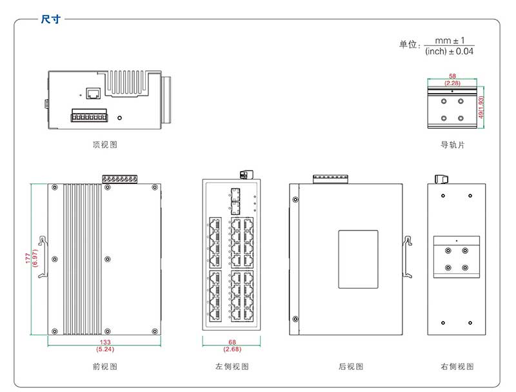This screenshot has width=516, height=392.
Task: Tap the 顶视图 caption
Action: tap(105, 145)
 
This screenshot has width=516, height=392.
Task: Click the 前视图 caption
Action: tap(105, 367)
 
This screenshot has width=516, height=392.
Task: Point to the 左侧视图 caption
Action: tap(232, 367)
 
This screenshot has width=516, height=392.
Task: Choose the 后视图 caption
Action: tap(351, 367)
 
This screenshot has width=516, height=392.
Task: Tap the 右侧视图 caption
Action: tap(457, 367)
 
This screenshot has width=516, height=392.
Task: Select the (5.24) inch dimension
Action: tap(104, 349)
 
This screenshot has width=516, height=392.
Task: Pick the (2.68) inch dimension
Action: tap(232, 349)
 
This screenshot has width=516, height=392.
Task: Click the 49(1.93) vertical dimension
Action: tap(481, 107)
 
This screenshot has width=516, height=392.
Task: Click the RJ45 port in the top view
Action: tap(93, 94)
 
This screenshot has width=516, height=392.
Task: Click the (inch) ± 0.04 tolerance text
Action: tap(450, 51)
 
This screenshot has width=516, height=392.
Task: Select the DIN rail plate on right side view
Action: tap(456, 257)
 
